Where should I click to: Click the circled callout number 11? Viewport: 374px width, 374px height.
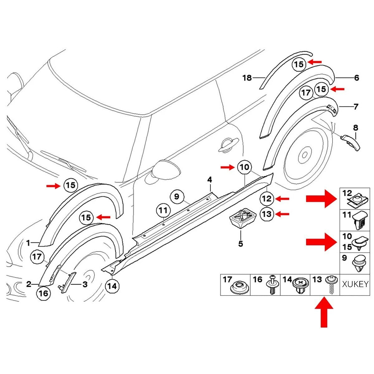click(x=163, y=210)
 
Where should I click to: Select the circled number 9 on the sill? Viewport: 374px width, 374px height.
click(x=176, y=197)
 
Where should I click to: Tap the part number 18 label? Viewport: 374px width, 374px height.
click(x=247, y=78)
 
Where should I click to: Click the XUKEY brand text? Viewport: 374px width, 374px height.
click(x=355, y=284)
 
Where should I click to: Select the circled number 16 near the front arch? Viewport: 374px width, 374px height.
click(x=43, y=293)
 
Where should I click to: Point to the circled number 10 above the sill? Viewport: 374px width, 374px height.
click(x=245, y=167)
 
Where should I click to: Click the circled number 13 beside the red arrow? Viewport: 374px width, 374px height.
click(x=267, y=214)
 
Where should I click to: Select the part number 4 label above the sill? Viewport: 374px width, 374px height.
click(x=210, y=180)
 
